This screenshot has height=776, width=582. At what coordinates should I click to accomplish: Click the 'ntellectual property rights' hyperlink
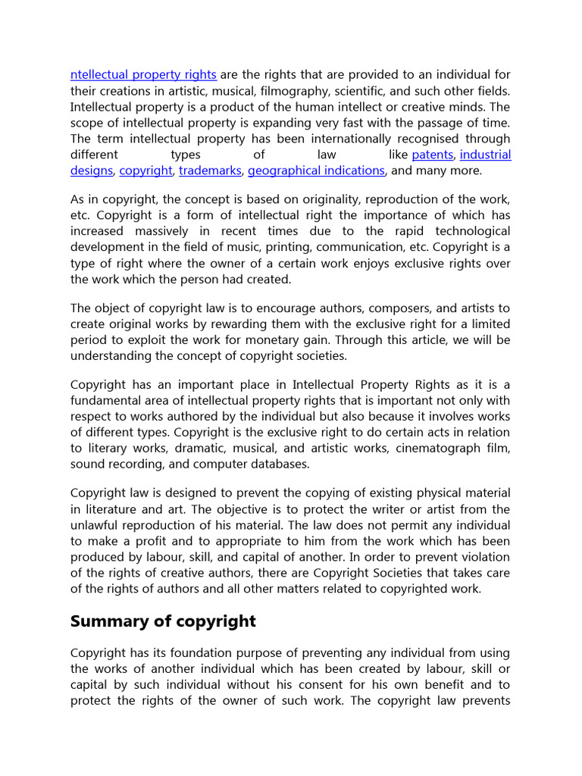[x=143, y=74]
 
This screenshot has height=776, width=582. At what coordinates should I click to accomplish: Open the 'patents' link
[x=432, y=155]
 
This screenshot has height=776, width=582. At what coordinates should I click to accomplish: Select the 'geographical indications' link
[x=316, y=171]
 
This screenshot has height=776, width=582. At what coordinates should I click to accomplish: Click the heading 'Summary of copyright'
[x=163, y=621]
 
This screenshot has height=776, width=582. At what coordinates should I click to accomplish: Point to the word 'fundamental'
[x=105, y=400]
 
